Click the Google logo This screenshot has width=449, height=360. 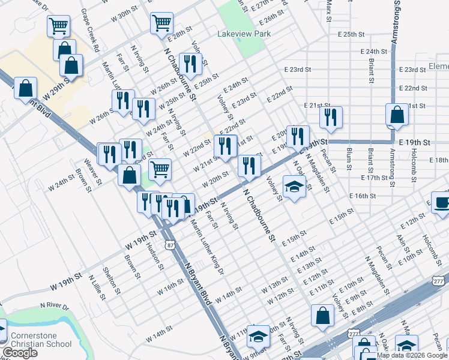[x=20, y=353]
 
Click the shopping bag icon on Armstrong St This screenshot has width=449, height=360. [x=397, y=115]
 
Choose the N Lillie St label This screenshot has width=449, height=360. [x=95, y=287]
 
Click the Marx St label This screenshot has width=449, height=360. [x=329, y=10]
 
